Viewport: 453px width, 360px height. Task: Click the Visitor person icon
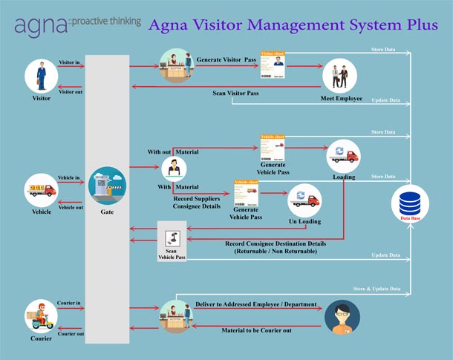coord(42,76)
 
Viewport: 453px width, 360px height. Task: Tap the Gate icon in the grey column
coord(107,186)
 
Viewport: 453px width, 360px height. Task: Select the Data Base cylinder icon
coord(411,203)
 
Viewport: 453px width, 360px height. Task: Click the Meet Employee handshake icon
coord(339,76)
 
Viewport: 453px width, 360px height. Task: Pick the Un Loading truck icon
coord(304,199)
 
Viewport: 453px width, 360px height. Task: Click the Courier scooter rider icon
coord(42,316)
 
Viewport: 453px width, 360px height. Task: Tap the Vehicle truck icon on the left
coord(41,190)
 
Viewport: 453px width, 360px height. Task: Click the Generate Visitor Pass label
coord(227,57)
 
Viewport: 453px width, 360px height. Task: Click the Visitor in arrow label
coord(71,62)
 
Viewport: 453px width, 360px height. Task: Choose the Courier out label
coord(71,333)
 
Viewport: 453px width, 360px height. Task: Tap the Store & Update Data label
coord(377,288)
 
